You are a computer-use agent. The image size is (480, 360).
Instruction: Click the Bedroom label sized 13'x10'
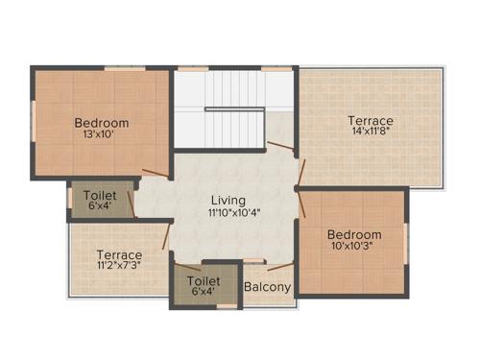click(102, 123)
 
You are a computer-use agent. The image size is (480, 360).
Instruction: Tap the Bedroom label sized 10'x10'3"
click(354, 234)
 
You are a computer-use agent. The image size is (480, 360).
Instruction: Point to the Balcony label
click(268, 286)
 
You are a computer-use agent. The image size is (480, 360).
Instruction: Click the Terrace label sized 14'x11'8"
click(371, 121)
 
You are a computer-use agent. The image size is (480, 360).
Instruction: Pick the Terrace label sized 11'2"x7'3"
click(119, 254)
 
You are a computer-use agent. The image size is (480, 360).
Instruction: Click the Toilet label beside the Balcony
click(203, 281)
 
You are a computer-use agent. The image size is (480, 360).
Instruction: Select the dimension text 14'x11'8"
click(371, 134)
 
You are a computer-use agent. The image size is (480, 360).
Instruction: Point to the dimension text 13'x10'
click(102, 136)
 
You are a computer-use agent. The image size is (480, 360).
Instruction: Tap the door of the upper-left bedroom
click(155, 174)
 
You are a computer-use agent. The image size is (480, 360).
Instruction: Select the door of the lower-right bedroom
click(300, 204)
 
